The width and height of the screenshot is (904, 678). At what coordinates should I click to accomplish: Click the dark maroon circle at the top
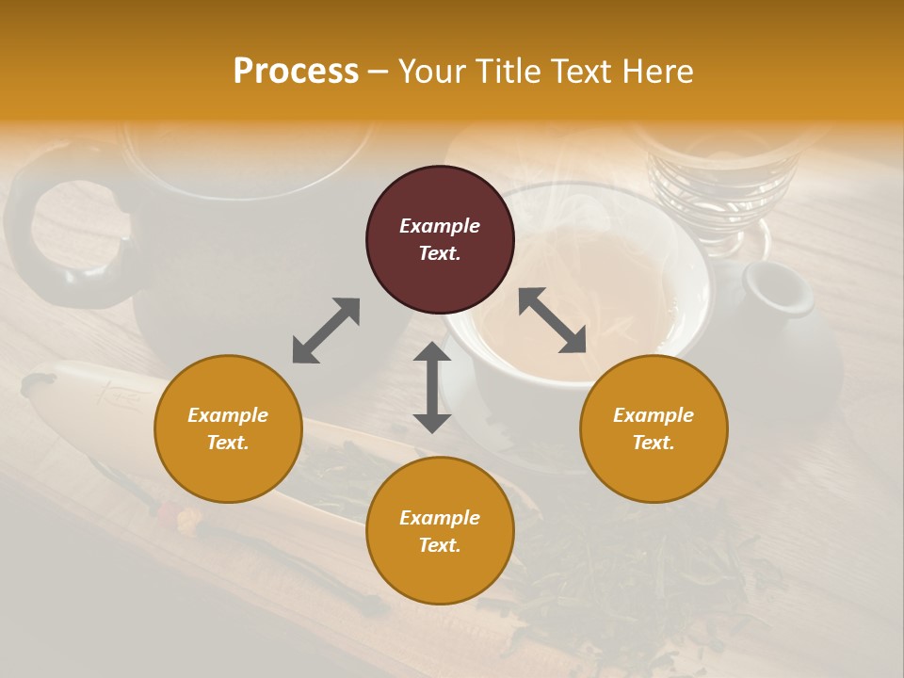tap(440, 239)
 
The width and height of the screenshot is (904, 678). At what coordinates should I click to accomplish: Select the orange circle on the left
tap(228, 428)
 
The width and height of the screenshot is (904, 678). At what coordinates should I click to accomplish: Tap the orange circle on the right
tap(654, 428)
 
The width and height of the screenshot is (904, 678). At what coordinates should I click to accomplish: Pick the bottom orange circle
tap(440, 531)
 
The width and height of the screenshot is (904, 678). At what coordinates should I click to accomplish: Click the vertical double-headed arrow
tap(432, 387)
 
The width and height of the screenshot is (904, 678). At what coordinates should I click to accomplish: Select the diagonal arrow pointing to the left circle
tap(326, 330)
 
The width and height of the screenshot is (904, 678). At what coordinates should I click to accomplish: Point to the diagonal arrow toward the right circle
tap(552, 320)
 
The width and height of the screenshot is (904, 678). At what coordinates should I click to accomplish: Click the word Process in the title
tap(296, 72)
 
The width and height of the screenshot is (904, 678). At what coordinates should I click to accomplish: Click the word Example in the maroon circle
tap(440, 226)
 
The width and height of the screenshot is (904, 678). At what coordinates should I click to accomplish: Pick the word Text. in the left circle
tap(228, 443)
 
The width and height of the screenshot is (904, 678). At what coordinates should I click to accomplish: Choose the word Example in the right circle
tap(654, 415)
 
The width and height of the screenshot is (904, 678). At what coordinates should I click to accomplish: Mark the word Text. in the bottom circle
tap(440, 545)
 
